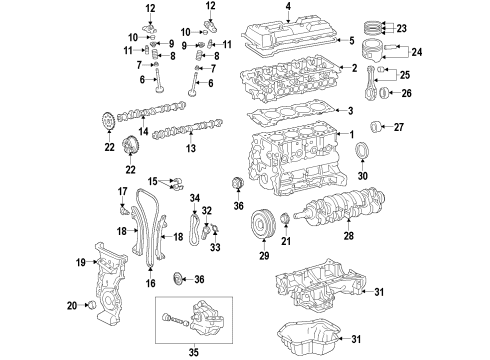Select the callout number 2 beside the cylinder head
point(352,68)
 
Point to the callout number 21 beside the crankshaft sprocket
point(286,242)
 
